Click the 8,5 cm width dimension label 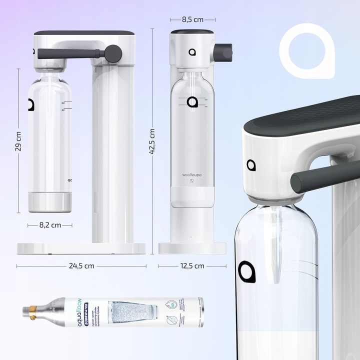192,19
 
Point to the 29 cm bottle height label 18,141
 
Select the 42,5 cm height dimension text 152,142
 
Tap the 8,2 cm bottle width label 50,225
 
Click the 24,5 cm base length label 81,266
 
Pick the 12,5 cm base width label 192,266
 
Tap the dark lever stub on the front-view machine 223,51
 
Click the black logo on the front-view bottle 192,102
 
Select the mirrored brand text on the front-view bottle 192,175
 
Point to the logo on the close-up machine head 251,165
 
